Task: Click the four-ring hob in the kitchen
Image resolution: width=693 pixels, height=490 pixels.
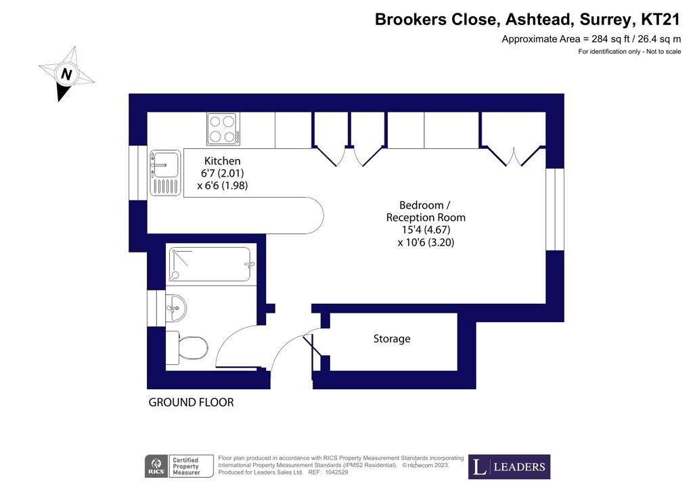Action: (223, 129)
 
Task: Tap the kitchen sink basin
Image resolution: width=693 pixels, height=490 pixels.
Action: (165, 164)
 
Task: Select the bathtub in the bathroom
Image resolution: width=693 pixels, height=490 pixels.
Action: (210, 264)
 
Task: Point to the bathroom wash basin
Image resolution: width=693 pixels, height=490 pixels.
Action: (176, 307)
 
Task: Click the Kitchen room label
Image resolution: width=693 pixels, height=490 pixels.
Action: (222, 161)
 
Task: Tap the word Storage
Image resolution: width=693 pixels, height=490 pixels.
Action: (392, 339)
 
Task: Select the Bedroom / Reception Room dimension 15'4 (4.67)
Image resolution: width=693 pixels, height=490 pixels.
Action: (426, 229)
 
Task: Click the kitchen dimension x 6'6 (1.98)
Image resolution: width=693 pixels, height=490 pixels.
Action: (222, 185)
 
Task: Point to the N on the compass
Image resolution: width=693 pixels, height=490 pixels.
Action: (66, 74)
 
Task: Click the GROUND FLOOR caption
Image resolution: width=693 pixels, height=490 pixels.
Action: (191, 403)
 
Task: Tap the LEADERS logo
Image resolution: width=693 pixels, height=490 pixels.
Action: (509, 466)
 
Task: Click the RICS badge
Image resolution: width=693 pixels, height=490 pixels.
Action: (156, 466)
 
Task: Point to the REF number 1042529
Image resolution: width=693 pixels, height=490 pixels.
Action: (337, 472)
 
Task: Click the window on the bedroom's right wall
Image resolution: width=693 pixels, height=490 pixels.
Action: (555, 209)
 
